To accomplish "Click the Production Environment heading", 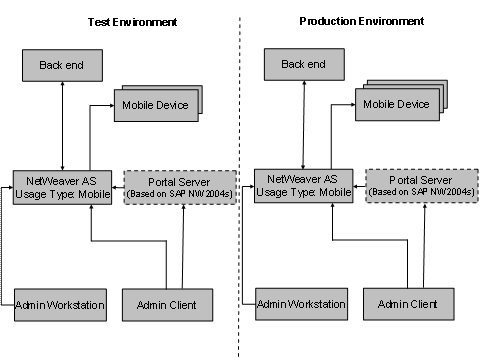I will click(360, 21).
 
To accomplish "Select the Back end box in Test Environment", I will click(63, 66).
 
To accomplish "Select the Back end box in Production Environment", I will click(304, 65).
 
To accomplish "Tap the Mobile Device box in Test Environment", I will click(154, 106).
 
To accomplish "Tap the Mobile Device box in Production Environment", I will click(395, 104).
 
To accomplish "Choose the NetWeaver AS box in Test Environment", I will click(62, 187).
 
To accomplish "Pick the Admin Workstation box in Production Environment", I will click(302, 303).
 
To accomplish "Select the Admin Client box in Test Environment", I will click(166, 304).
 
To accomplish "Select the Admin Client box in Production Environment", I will click(408, 302).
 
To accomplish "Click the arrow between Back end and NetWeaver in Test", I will click(63, 126).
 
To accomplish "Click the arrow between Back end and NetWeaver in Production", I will click(304, 125).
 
